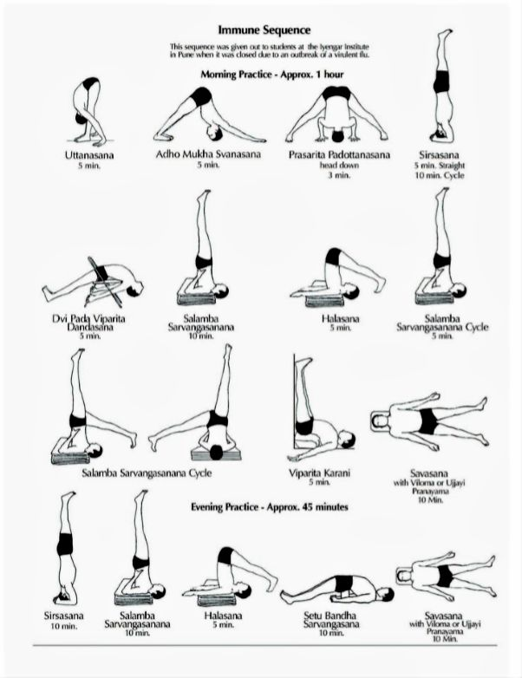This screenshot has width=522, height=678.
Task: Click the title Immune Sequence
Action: click(x=264, y=30)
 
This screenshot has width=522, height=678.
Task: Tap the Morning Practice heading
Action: click(x=272, y=75)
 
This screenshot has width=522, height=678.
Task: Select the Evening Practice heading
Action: click(x=270, y=507)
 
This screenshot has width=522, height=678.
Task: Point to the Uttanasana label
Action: click(x=89, y=155)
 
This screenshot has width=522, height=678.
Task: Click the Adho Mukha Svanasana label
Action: click(x=208, y=154)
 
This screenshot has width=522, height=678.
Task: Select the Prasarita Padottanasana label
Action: click(x=340, y=155)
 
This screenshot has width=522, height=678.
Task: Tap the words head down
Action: click(x=340, y=166)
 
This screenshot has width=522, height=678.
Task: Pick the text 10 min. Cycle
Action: click(x=440, y=175)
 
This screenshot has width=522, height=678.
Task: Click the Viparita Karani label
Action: click(x=319, y=473)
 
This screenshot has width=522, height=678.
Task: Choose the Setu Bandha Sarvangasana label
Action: click(x=331, y=620)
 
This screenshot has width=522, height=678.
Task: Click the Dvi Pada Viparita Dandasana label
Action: click(x=89, y=323)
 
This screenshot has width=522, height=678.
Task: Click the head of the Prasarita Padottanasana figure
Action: click(x=338, y=136)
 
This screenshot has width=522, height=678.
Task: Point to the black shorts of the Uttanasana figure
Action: click(x=90, y=83)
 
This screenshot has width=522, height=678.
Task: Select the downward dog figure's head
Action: click(x=215, y=132)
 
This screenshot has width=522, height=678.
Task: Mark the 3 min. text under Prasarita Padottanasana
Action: click(x=340, y=175)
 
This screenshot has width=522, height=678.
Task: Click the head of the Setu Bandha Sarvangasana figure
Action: click(x=386, y=596)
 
